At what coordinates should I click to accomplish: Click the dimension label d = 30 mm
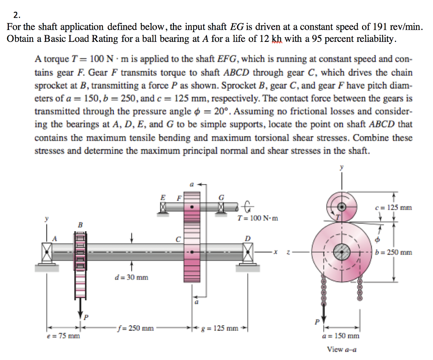point(131,278)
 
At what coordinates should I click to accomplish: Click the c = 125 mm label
point(393,208)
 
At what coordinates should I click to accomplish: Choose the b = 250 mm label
point(393,253)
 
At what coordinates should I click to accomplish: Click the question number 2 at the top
point(15,16)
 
